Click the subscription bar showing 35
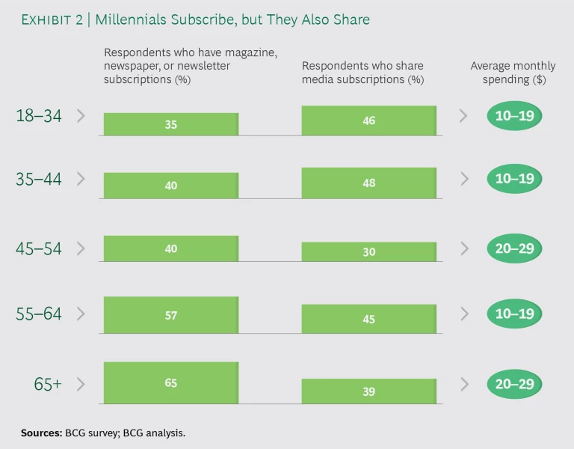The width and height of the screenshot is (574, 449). pyautogui.click(x=170, y=124)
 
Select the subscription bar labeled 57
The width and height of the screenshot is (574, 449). pyautogui.click(x=170, y=315)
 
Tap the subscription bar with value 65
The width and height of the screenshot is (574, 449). pyautogui.click(x=170, y=382)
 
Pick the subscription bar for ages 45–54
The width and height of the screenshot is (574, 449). pyautogui.click(x=170, y=248)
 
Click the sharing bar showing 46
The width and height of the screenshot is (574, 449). pyautogui.click(x=368, y=120)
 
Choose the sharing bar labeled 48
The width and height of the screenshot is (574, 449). pyautogui.click(x=368, y=183)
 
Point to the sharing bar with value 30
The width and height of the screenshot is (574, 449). pyautogui.click(x=368, y=252)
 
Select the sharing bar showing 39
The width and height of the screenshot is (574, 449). pyautogui.click(x=368, y=391)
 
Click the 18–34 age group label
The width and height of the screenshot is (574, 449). pyautogui.click(x=39, y=116)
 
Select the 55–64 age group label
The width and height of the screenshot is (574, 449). pyautogui.click(x=39, y=314)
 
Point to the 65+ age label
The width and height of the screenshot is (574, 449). pyautogui.click(x=47, y=384)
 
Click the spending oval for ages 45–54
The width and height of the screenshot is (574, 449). pyautogui.click(x=514, y=248)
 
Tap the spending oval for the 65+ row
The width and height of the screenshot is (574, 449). pyautogui.click(x=514, y=384)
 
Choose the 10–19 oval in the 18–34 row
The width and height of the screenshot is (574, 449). pyautogui.click(x=514, y=116)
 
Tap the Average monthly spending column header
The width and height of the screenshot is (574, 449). pyautogui.click(x=513, y=73)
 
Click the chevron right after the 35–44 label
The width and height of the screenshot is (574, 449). pyautogui.click(x=81, y=179)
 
